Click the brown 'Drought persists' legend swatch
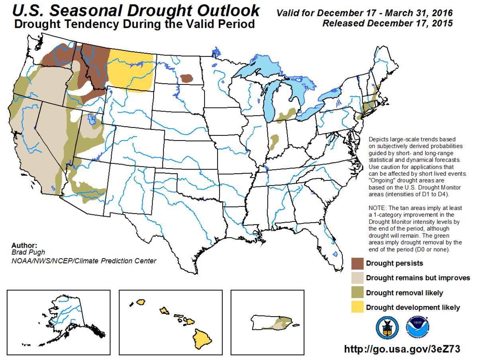pyautogui.click(x=357, y=263)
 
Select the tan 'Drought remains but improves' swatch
pyautogui.click(x=357, y=278)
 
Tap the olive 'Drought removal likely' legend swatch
pyautogui.click(x=357, y=293)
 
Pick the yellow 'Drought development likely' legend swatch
pyautogui.click(x=357, y=307)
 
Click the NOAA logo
pyautogui.click(x=418, y=327)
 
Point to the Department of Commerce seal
pyautogui.click(x=387, y=327)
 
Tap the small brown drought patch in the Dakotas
pyautogui.click(x=186, y=78)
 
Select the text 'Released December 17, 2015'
pyautogui.click(x=387, y=23)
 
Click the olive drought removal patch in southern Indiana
pyautogui.click(x=274, y=141)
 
